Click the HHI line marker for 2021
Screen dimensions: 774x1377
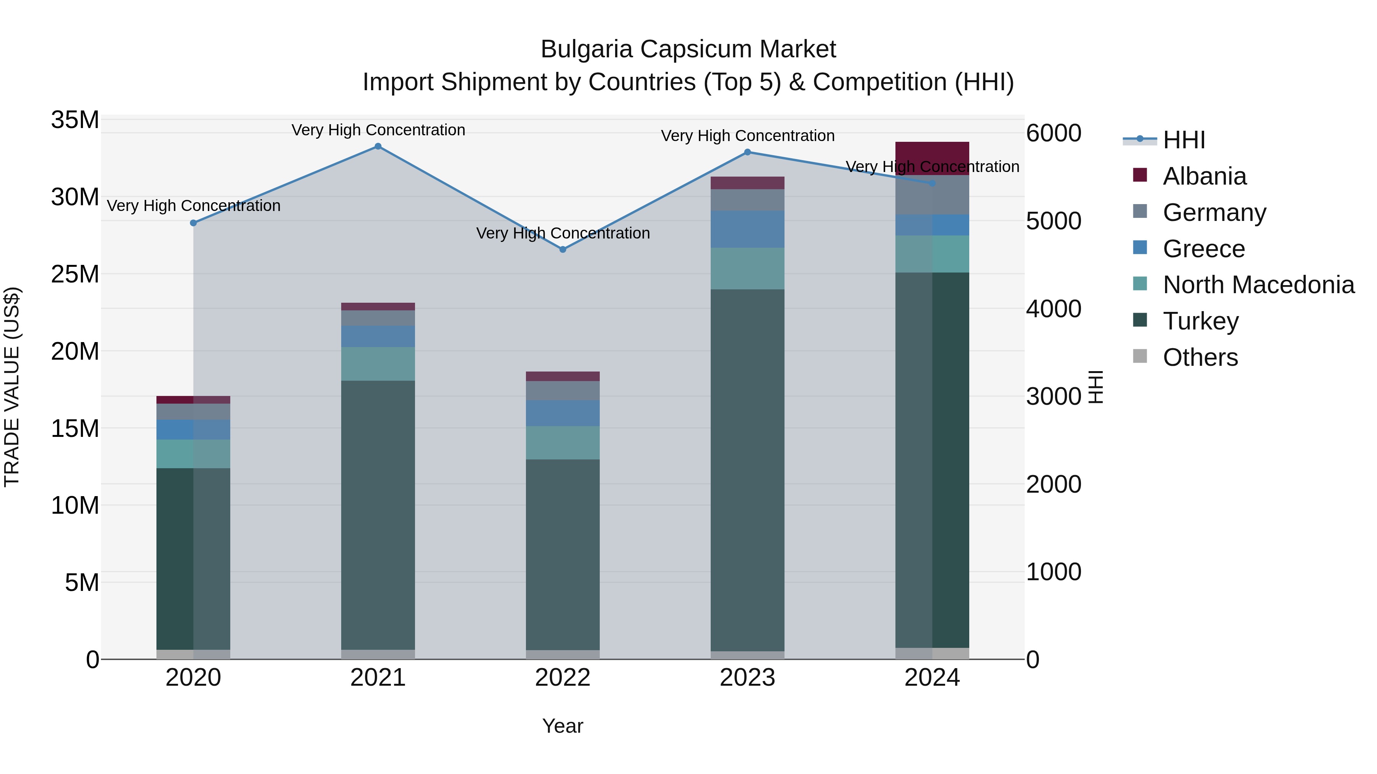(378, 146)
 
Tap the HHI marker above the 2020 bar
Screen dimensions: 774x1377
(194, 223)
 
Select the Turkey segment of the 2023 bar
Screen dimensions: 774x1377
(747, 470)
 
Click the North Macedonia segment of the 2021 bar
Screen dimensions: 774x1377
(378, 364)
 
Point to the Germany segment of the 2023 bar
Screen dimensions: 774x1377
(747, 200)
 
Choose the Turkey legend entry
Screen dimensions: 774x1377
(1201, 321)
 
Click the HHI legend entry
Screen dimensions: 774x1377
(1183, 140)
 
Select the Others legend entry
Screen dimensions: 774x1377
(1200, 357)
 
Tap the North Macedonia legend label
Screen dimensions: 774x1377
(1258, 285)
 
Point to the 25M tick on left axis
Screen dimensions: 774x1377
(75, 274)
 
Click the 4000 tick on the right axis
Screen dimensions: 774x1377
(1053, 309)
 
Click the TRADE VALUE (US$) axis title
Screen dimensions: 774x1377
(12, 387)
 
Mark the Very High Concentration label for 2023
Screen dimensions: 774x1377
(747, 136)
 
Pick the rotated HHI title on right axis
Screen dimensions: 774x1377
(1096, 387)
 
